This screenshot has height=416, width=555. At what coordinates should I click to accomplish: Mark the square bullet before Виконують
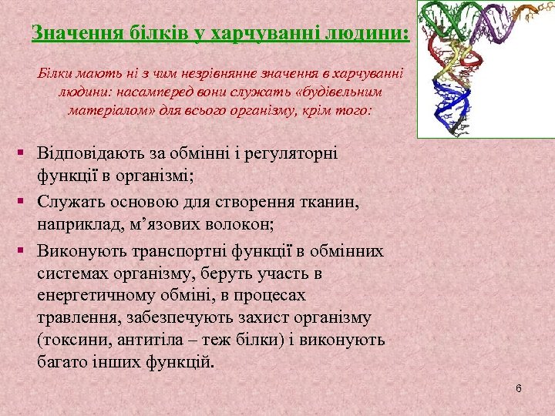(x=26, y=251)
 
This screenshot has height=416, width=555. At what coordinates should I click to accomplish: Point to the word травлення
(x=71, y=317)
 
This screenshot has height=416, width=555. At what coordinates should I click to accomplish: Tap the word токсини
(x=71, y=340)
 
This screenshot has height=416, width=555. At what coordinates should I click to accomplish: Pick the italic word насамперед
(x=138, y=92)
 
